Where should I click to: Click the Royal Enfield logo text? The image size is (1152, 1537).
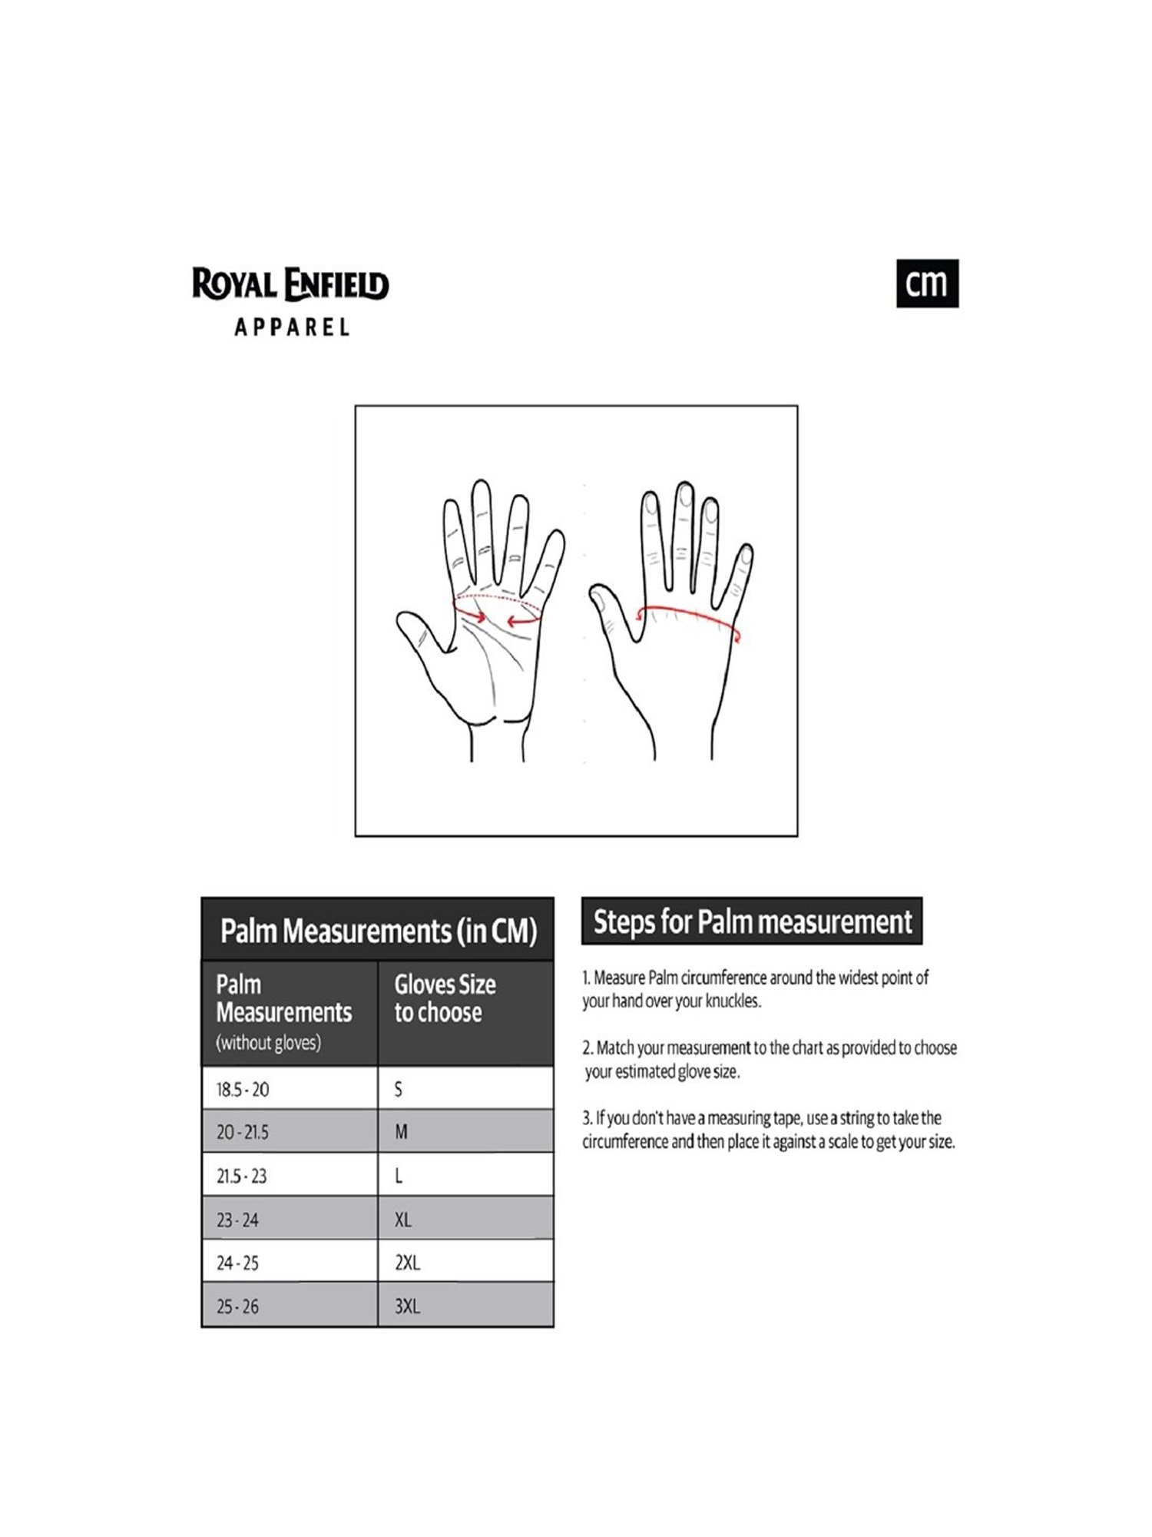pos(290,284)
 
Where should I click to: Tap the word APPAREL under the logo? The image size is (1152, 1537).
pos(292,327)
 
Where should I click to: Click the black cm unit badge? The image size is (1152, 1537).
pos(927,284)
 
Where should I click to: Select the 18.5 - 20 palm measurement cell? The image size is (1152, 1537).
pos(289,1089)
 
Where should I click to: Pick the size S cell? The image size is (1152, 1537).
pos(465,1089)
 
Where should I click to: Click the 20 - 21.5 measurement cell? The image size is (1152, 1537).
pos(289,1132)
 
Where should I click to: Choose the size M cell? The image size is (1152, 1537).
pos(465,1132)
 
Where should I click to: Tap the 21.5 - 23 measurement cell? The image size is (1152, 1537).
pos(289,1176)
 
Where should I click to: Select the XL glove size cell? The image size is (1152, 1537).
pos(465,1220)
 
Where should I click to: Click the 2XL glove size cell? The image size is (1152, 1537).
pos(465,1263)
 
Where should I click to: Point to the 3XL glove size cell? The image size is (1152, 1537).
pos(465,1306)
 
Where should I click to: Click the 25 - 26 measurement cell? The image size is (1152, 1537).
pos(289,1306)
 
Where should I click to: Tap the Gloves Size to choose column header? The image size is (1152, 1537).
pos(445,998)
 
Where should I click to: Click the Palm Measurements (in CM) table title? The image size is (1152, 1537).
pos(378,931)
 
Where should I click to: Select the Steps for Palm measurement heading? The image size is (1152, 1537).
pos(752,921)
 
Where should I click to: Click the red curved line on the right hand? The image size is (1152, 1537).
pos(687,612)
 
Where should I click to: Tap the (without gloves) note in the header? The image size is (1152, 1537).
pos(268,1043)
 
